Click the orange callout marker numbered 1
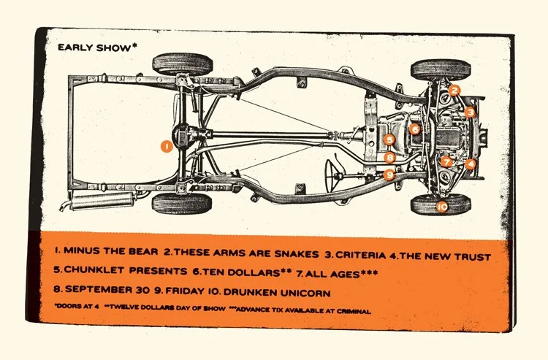tap(167, 146)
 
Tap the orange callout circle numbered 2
tap(454, 91)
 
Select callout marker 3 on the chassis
tap(471, 112)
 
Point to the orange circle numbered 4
tap(471, 164)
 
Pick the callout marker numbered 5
tap(389, 139)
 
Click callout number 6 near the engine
tap(414, 129)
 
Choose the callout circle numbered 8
tap(389, 157)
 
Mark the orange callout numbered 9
tap(389, 175)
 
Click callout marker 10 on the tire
tap(441, 207)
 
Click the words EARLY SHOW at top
tap(95, 47)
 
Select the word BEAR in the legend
tap(145, 256)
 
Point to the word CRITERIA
tap(360, 256)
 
